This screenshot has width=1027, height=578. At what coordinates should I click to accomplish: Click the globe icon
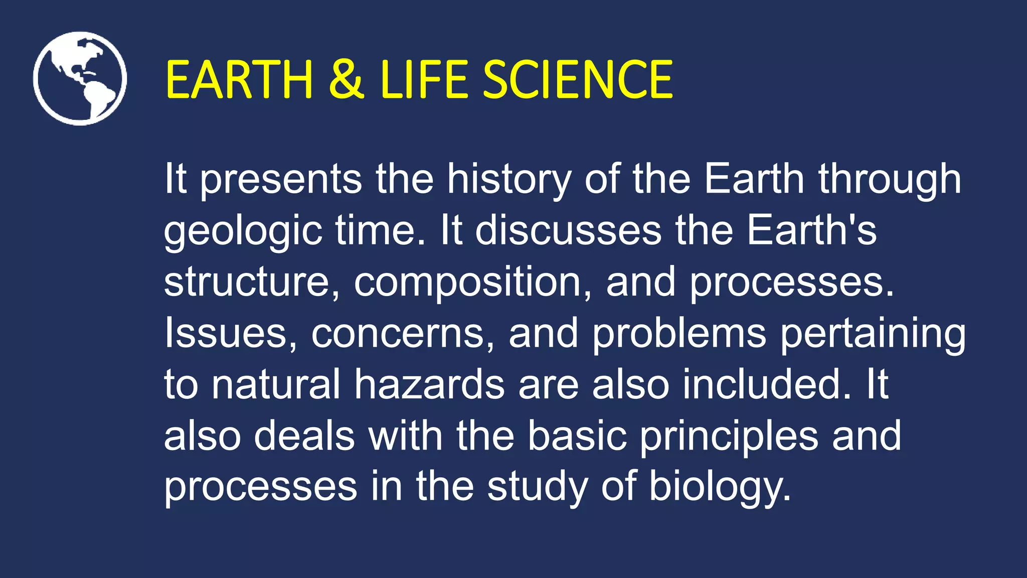point(80,79)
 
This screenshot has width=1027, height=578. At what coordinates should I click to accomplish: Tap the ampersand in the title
point(346,79)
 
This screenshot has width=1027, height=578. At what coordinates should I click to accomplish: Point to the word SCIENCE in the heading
point(577,79)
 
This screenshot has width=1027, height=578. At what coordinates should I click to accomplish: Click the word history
point(509,180)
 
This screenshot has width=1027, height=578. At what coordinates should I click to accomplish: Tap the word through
point(890,180)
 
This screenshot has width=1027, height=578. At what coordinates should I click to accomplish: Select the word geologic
point(243,231)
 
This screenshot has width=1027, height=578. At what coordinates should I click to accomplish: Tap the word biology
point(720,487)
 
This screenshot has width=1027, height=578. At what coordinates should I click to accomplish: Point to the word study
point(537,487)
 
